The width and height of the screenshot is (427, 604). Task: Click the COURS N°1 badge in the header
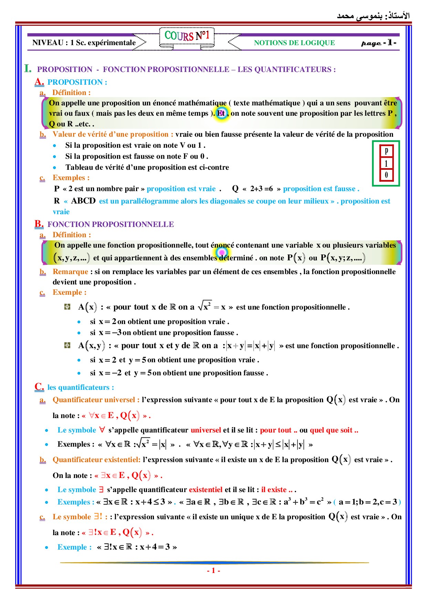tap(187, 36)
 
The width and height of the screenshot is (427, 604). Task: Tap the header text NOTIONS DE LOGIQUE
tap(294, 43)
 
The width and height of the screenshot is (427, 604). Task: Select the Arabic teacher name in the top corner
tap(373, 16)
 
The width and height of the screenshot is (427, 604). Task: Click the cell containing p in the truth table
tap(386, 151)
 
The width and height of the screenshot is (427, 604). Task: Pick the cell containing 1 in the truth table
tap(386, 163)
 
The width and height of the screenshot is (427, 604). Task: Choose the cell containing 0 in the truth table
tap(386, 175)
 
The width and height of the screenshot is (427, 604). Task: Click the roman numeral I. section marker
tap(28, 69)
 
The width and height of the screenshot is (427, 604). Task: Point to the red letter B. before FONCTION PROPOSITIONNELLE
tap(39, 224)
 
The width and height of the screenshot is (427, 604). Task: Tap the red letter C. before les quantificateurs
tap(39, 387)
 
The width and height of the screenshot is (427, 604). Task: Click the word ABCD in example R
tap(83, 201)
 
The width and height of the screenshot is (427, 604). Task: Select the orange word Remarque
tap(70, 271)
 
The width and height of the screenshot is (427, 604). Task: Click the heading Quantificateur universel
tap(93, 399)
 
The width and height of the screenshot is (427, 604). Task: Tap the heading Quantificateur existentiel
tap(96, 459)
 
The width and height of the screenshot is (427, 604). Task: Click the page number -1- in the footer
tap(213, 571)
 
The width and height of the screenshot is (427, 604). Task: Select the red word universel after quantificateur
tap(206, 430)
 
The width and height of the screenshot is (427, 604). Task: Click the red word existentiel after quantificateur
tap(206, 489)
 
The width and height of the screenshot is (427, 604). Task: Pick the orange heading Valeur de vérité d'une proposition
tap(110, 134)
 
